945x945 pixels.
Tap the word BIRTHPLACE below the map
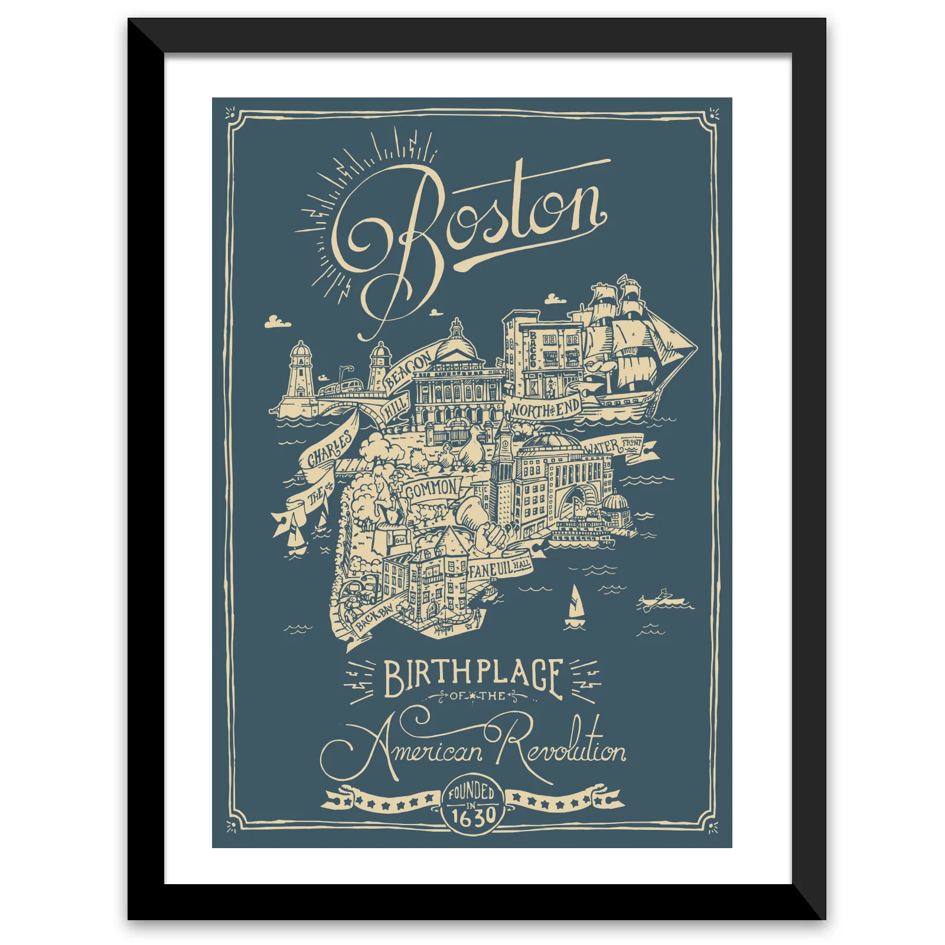click(x=472, y=677)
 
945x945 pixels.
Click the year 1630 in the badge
click(x=472, y=817)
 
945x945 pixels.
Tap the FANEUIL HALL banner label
click(x=500, y=568)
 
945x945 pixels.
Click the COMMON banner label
click(x=432, y=489)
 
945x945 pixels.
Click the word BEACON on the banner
click(x=408, y=370)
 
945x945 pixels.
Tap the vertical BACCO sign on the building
click(x=532, y=350)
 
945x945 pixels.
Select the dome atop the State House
click(x=456, y=343)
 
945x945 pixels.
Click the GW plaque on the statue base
click(x=400, y=539)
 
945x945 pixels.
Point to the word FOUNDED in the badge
click(x=471, y=791)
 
